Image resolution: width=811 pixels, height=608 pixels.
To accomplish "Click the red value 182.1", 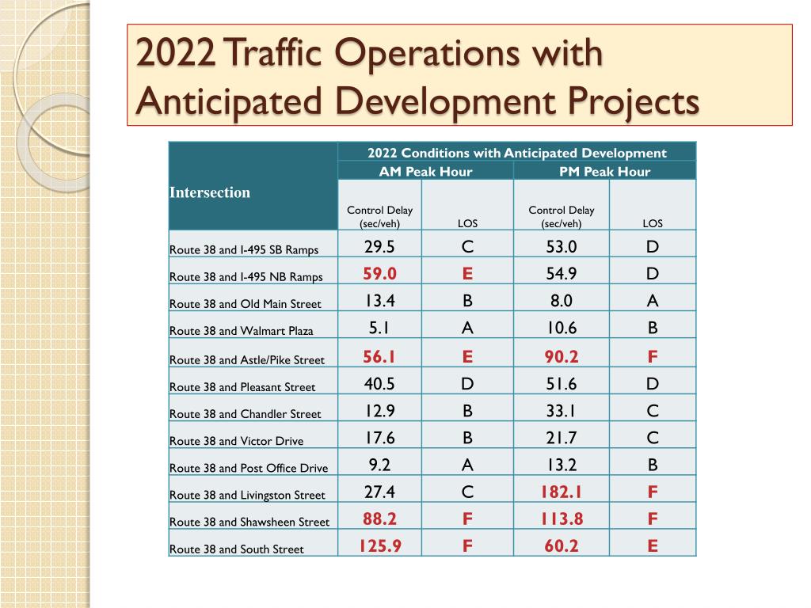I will pos(561,492).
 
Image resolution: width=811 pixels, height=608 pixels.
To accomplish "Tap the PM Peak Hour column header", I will pos(605,171).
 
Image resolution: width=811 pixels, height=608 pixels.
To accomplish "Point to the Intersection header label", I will pos(210,192).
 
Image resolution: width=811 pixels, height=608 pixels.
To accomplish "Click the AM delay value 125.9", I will pos(379,545).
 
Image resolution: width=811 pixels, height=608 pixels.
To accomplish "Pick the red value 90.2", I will pos(561,356).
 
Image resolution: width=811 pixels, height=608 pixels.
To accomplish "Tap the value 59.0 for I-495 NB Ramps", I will pos(379,274).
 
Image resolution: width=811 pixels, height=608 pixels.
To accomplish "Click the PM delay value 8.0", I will pos(561,301).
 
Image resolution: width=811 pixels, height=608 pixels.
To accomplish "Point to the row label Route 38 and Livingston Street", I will pos(247,495).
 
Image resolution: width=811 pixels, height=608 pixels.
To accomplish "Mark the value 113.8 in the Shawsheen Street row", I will pos(561,519).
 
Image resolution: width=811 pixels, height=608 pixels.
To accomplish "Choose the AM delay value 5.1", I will pos(379,328).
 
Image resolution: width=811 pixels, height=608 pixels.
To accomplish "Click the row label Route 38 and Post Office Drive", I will pos(249,468).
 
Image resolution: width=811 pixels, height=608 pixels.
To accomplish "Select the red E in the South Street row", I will pos(652,545).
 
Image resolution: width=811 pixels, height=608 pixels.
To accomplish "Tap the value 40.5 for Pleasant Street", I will pos(379,384).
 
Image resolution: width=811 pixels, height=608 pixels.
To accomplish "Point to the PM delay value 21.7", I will pos(561,438).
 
